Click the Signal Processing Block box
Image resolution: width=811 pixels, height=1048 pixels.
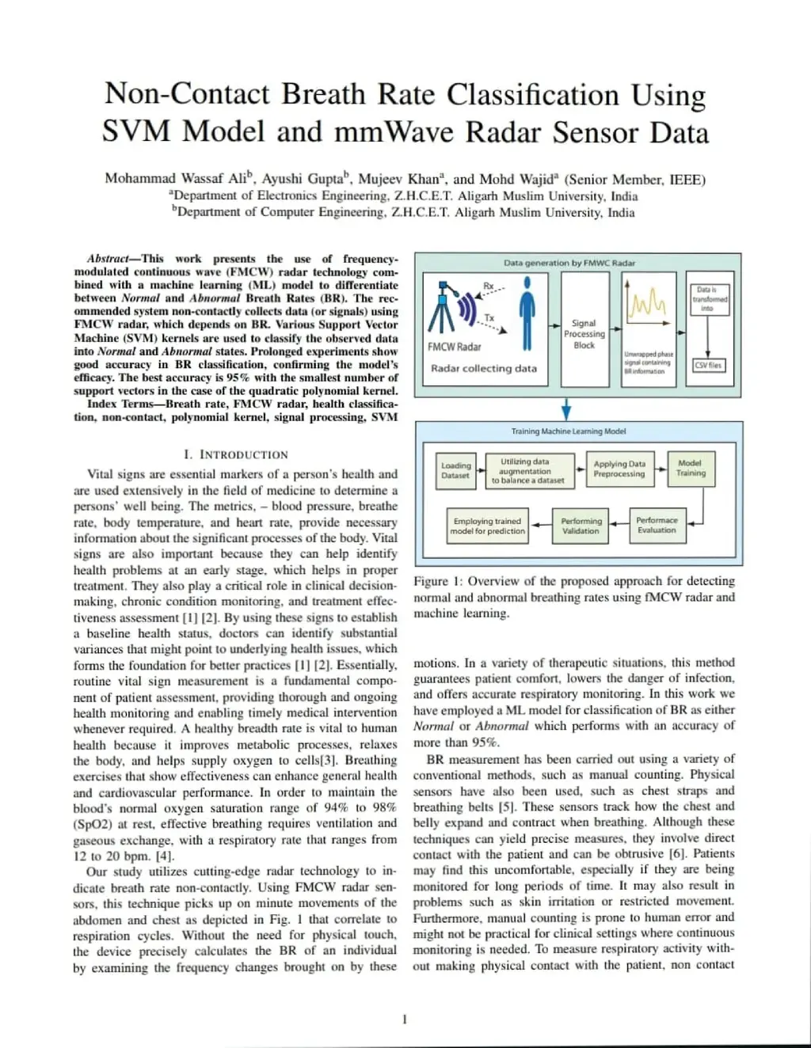point(584,329)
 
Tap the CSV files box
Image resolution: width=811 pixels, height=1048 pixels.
point(708,366)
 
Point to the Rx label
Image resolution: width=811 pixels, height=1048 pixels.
point(489,286)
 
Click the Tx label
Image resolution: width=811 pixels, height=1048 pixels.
point(489,317)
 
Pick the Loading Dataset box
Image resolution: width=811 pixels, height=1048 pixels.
point(455,470)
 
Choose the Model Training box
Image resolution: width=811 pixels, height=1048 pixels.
point(690,468)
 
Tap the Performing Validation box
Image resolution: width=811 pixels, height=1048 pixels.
point(581,526)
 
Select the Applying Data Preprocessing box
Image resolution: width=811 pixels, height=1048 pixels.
point(619,469)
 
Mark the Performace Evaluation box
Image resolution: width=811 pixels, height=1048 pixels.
point(657,525)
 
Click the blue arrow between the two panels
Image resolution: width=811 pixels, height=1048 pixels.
point(566,409)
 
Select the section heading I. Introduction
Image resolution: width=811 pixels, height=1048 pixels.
point(235,454)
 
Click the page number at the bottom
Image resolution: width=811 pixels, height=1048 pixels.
point(405,1019)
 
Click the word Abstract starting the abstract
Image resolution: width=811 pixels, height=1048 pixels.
point(109,259)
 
